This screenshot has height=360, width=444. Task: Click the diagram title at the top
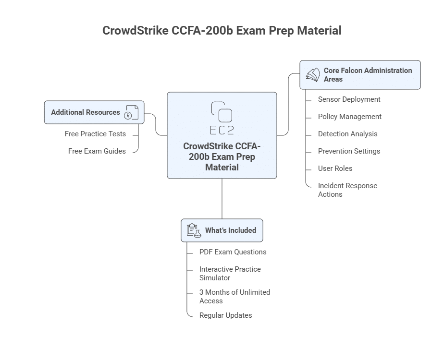[x=222, y=31]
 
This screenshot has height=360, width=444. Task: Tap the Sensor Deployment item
[x=349, y=99]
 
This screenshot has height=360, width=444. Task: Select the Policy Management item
[x=349, y=117]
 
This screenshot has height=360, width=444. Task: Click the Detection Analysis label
[x=347, y=134]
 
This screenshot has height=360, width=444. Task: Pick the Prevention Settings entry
[x=349, y=151]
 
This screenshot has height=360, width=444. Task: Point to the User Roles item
[x=335, y=168]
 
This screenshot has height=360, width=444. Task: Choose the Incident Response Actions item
[x=347, y=190]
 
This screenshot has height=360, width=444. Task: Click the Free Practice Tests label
[x=95, y=134]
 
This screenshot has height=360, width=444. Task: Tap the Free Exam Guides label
[x=97, y=151]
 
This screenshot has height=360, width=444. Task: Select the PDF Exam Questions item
[x=233, y=252]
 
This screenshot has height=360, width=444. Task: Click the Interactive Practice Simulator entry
[x=230, y=274]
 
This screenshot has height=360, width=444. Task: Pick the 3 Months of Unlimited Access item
[x=234, y=297]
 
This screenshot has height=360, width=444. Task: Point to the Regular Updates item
[x=225, y=315]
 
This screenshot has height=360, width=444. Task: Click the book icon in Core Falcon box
[x=313, y=74]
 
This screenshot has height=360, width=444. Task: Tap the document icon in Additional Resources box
[x=131, y=112]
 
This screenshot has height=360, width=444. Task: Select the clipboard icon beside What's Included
[x=194, y=230]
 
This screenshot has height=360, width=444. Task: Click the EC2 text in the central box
[x=222, y=130]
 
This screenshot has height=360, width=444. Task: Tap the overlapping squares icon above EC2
[x=222, y=112]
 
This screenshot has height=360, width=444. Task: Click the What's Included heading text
[x=231, y=230]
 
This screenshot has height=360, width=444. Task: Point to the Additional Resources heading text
[x=86, y=112]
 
